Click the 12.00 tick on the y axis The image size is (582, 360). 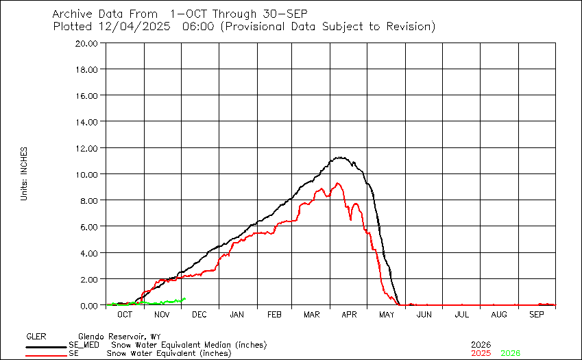point(89,147)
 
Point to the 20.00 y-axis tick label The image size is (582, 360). point(89,43)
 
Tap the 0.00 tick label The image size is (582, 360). point(91,305)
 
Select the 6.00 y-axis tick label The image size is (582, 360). point(91,226)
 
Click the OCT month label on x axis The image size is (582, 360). point(125,314)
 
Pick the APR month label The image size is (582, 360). point(349,314)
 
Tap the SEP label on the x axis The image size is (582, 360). point(536,314)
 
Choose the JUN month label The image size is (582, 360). point(424,314)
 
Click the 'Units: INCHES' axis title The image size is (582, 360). point(24,173)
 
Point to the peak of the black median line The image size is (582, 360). point(339,157)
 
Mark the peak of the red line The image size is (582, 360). point(337,183)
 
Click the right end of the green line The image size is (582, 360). point(186,299)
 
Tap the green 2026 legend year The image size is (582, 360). point(511,353)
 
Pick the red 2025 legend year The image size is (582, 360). point(481,353)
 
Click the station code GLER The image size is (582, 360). point(36,337)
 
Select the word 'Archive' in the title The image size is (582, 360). point(72,14)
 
